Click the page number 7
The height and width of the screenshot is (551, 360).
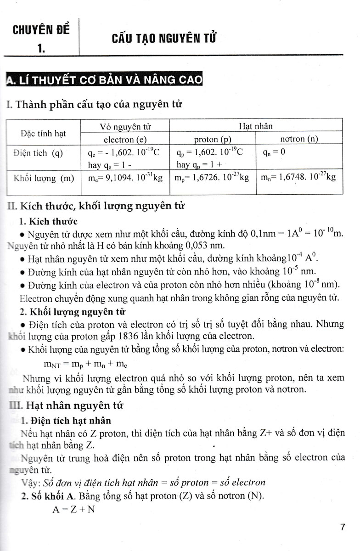coord(343,527)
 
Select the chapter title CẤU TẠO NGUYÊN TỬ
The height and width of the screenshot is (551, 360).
coord(164,38)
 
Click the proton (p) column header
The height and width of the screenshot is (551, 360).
coord(212,139)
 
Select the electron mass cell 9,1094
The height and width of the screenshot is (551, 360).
coord(125,178)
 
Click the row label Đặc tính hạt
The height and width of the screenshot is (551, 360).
coord(43,133)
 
